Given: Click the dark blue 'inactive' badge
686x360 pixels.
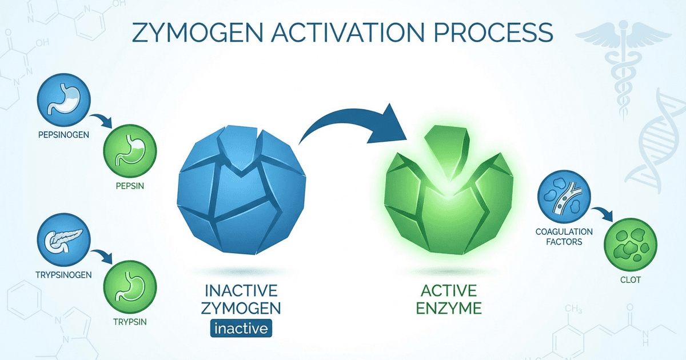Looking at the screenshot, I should tap(241, 329).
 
